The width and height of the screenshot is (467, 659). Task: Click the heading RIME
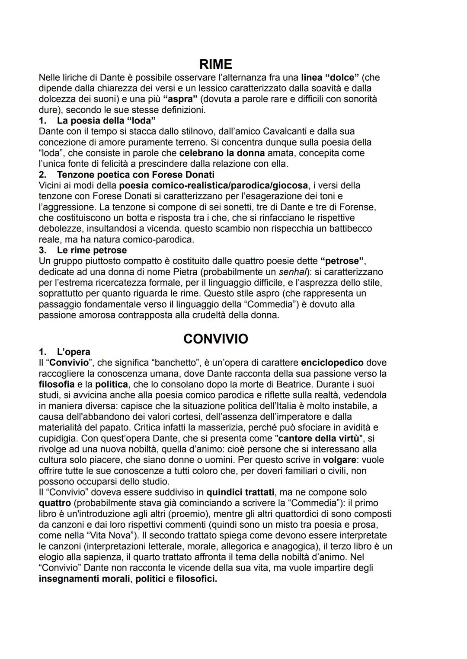(216, 64)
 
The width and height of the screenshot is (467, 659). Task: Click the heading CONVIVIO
(216, 339)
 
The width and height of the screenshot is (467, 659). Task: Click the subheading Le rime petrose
(92, 250)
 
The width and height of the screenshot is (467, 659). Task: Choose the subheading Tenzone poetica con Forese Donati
(135, 175)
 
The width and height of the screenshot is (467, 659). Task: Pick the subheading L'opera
(74, 352)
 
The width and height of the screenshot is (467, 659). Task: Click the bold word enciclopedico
(332, 363)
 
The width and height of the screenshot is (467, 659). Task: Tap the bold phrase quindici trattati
(240, 492)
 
